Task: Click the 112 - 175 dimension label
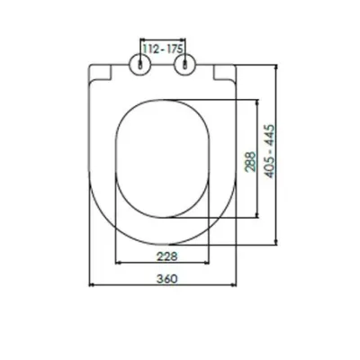click(163, 49)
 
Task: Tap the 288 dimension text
click(251, 162)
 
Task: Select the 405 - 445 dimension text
click(270, 151)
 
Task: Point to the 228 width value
click(166, 256)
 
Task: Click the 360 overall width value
click(166, 279)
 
